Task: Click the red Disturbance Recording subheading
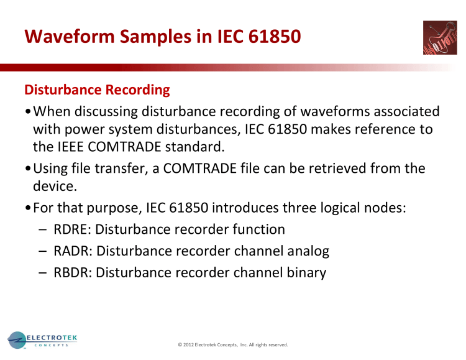point(96,90)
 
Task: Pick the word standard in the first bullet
point(203,148)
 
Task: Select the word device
point(55,185)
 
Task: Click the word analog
point(306,251)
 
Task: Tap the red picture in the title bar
point(440,38)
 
